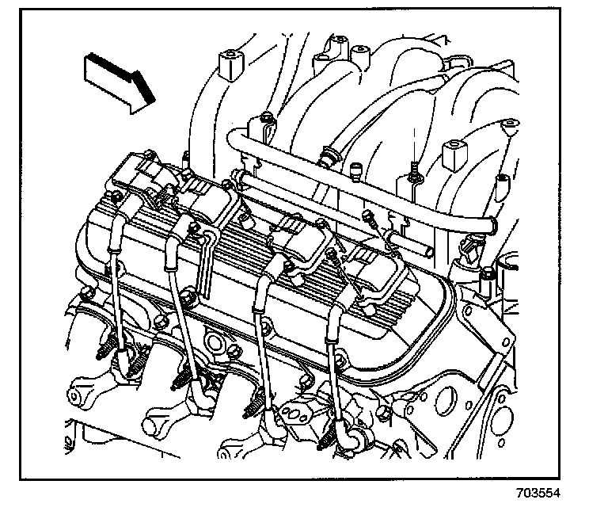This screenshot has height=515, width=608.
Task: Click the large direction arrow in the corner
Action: point(116,80)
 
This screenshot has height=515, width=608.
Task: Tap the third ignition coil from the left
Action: point(301,238)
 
